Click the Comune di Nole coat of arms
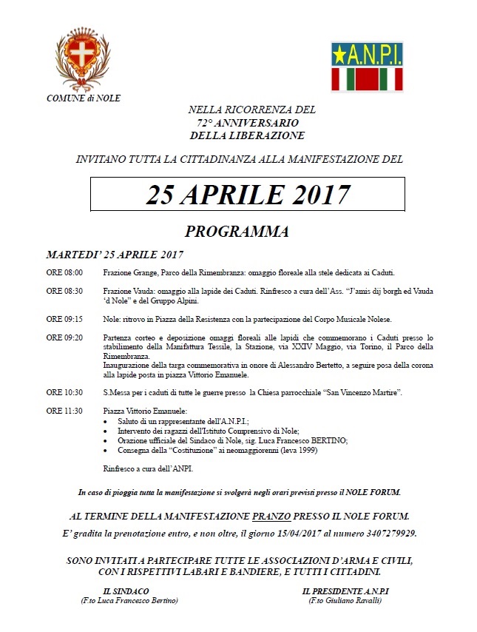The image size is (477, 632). pyautogui.click(x=83, y=58)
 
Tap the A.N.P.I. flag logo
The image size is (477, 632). pyautogui.click(x=367, y=66)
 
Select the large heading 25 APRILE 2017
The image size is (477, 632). pyautogui.click(x=248, y=194)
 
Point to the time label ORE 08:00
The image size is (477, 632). pyautogui.click(x=64, y=272)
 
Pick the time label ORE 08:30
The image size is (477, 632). pyautogui.click(x=64, y=292)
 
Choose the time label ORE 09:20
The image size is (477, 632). pyautogui.click(x=64, y=337)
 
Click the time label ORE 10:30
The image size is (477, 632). pyautogui.click(x=64, y=391)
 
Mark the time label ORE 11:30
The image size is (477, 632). pyautogui.click(x=64, y=411)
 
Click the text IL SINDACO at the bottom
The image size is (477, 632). pyautogui.click(x=126, y=591)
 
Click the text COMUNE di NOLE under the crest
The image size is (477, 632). pyautogui.click(x=84, y=98)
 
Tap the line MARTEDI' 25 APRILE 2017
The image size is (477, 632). pyautogui.click(x=115, y=255)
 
